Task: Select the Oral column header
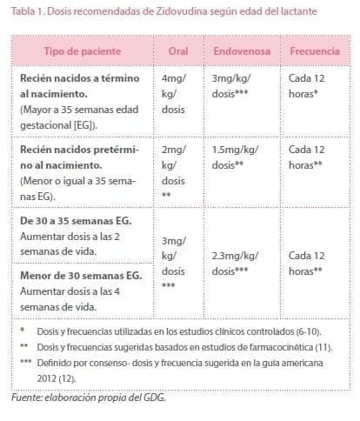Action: (x=179, y=50)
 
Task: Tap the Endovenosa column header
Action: (x=242, y=50)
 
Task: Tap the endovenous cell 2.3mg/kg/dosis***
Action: (x=240, y=263)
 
